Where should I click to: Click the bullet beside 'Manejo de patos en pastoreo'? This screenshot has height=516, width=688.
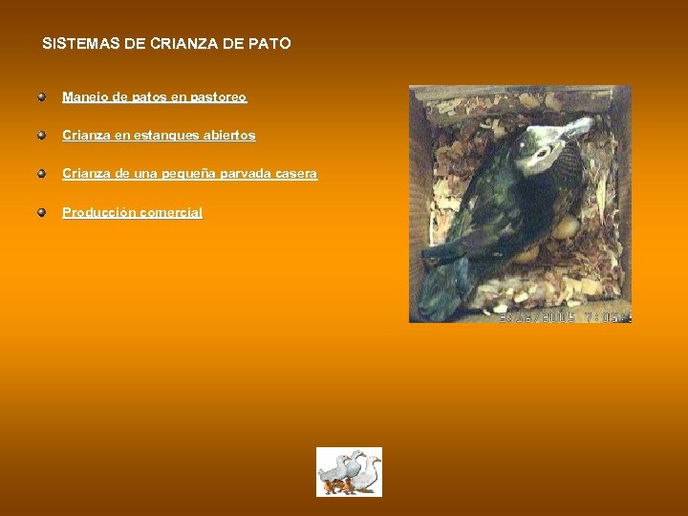click(42, 97)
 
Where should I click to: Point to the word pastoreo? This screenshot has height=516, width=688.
click(219, 97)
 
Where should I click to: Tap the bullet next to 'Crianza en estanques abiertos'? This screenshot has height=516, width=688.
click(42, 136)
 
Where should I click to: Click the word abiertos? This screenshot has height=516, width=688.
click(228, 136)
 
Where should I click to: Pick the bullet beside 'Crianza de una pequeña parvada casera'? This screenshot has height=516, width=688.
click(42, 174)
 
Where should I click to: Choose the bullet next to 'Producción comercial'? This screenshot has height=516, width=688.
click(42, 212)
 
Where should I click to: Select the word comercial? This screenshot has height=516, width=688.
click(171, 213)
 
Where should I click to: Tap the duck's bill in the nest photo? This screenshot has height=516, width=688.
click(576, 128)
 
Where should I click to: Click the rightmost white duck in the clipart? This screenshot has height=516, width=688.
click(368, 472)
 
